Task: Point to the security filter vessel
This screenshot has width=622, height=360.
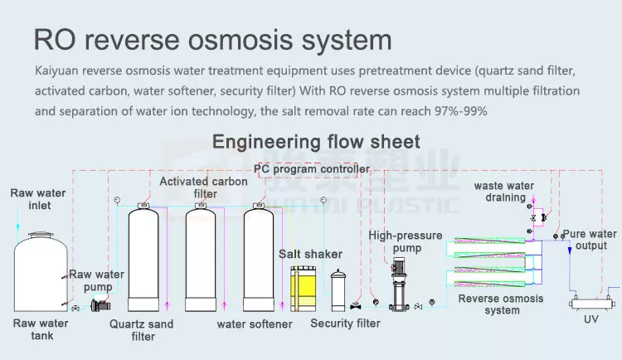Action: (x=338, y=290)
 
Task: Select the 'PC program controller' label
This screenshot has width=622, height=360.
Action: (x=312, y=169)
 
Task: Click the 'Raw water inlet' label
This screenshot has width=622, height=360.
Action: (x=38, y=199)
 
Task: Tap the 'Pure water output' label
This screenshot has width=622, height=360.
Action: (x=590, y=240)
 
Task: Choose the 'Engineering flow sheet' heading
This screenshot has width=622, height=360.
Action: (x=317, y=141)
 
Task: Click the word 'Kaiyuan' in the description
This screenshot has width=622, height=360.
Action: (x=56, y=71)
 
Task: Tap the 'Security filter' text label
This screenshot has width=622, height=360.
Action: (x=345, y=324)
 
